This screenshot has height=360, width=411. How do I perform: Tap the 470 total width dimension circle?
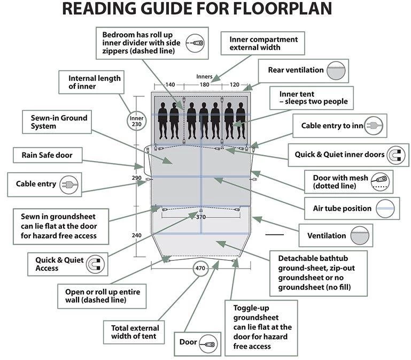[x=200, y=269]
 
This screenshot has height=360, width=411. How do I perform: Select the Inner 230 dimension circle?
[x=137, y=121]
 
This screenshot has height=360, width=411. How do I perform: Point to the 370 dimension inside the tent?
[x=200, y=217]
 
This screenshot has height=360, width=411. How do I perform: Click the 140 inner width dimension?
[x=169, y=85]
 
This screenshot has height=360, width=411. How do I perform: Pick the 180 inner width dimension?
[x=204, y=85]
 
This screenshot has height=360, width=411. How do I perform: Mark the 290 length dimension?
[x=136, y=178]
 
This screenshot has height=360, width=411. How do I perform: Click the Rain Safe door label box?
[x=47, y=156]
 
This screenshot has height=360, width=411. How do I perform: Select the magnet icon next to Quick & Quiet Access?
[x=95, y=264]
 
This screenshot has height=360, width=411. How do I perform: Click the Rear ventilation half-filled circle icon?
[x=337, y=71]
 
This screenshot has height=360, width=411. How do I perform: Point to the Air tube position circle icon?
[x=385, y=208]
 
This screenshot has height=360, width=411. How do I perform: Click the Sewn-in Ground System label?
[x=55, y=122]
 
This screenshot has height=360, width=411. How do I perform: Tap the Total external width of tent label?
[x=134, y=332]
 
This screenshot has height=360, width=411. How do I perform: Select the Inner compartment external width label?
[x=263, y=43]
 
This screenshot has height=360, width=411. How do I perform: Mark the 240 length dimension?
[x=136, y=235]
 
